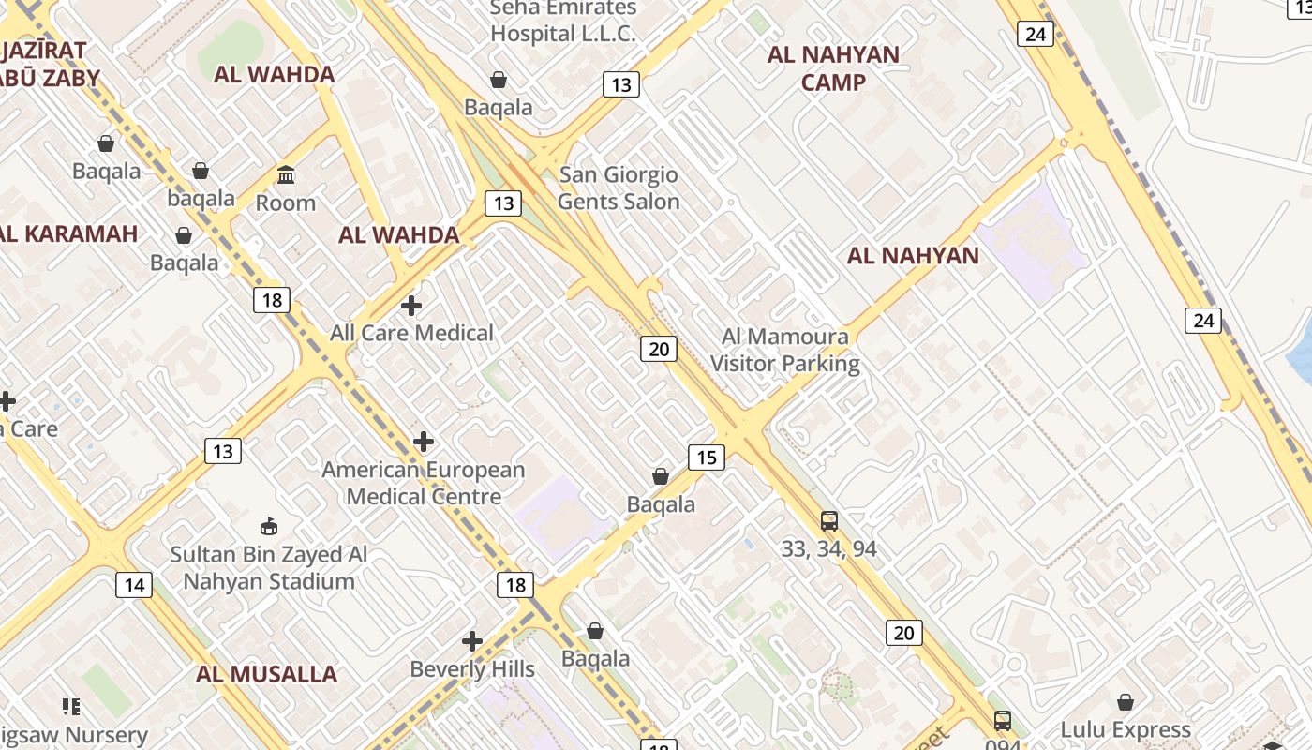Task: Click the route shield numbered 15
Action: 706,457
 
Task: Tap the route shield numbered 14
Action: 134,586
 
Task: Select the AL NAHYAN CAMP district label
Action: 833,68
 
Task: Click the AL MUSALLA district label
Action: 266,674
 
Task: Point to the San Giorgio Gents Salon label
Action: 619,187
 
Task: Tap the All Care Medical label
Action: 411,333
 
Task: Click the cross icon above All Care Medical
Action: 410,306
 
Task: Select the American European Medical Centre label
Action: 424,483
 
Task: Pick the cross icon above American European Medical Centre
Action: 424,441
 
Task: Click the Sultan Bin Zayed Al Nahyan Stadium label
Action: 269,568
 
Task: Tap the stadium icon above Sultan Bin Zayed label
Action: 269,526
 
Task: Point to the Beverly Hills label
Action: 472,669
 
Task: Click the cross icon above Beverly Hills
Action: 472,641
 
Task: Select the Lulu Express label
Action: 1126,729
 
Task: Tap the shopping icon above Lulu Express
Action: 1126,702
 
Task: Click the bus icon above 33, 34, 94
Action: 828,521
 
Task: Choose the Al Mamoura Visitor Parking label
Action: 785,350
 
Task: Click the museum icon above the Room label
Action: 286,174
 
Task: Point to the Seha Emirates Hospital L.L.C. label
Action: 563,21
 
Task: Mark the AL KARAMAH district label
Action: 67,233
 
